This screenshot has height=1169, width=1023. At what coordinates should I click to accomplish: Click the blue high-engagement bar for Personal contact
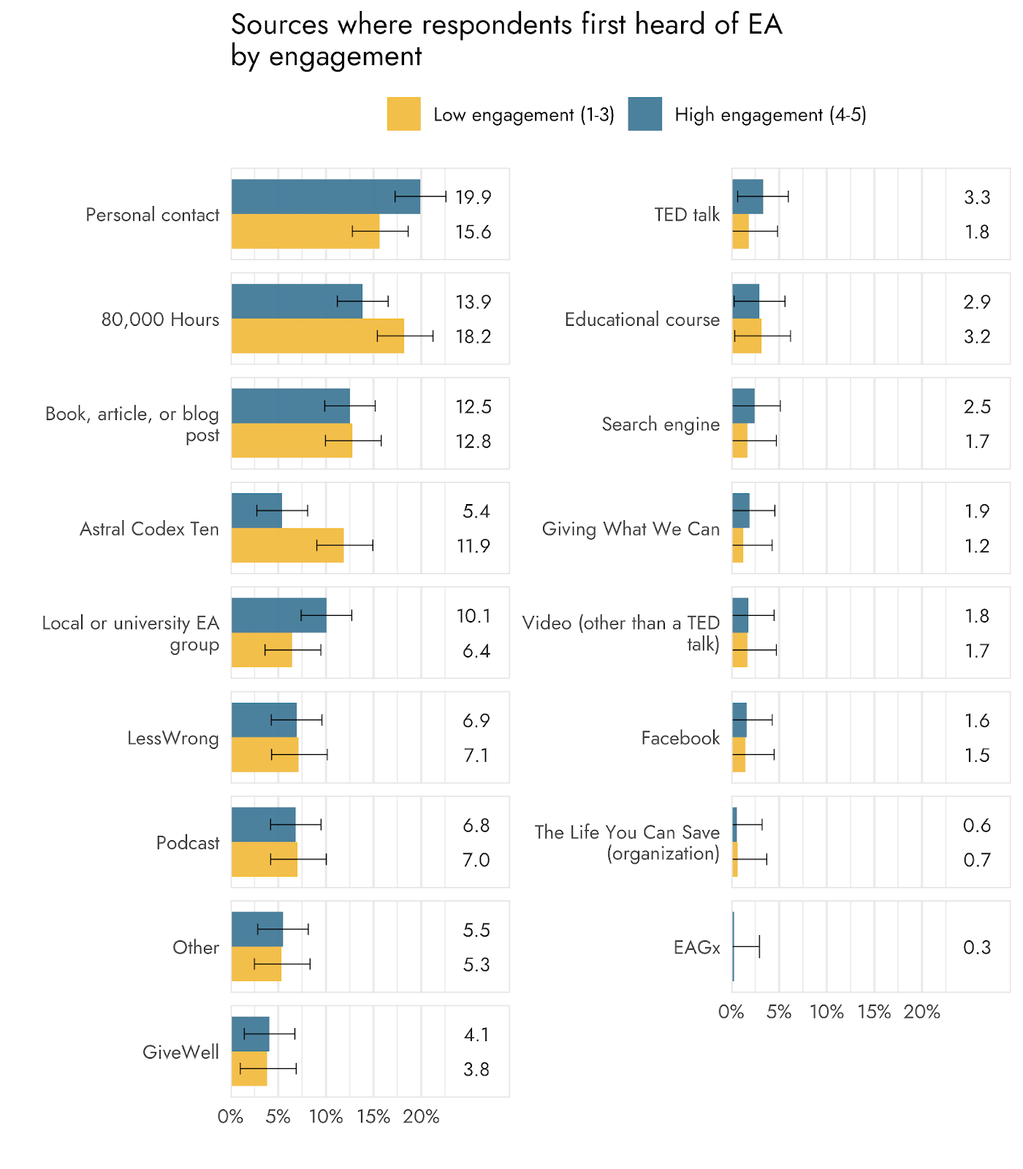point(325,197)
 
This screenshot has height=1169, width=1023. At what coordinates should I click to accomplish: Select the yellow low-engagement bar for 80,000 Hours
point(317,336)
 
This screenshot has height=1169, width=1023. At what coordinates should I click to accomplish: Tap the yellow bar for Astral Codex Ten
point(287,546)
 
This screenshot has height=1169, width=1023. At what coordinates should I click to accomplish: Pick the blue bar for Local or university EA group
point(278,615)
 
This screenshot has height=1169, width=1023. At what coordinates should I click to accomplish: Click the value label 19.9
point(473,197)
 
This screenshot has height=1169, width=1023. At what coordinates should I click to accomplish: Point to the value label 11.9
point(473,547)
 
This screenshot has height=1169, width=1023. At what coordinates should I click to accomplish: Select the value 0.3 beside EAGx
point(976,948)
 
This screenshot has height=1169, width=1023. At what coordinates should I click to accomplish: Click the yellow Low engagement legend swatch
point(403,114)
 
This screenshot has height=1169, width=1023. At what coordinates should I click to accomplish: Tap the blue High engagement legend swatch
point(644,114)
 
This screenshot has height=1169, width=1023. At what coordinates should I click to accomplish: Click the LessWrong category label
point(173,738)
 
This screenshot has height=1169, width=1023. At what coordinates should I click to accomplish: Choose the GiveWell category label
point(180,1052)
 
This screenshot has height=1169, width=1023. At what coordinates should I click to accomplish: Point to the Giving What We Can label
point(631,529)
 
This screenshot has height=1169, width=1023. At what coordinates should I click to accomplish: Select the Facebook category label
point(680,738)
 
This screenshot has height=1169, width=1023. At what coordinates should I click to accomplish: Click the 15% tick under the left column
point(373,1116)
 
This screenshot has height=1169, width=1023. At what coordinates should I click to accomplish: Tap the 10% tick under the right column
point(826,1012)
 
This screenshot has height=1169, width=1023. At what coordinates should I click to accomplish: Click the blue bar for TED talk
point(748,197)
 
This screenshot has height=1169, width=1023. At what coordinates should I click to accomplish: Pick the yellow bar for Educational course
point(747,336)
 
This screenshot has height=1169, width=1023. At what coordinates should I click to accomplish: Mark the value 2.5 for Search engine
point(977,407)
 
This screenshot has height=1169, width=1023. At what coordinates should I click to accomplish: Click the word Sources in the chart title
point(279,25)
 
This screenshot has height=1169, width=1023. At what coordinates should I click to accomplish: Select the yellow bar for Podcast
point(264,859)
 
